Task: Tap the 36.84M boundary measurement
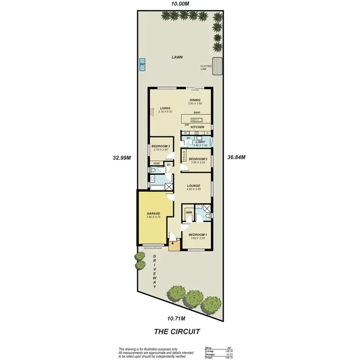click(236, 157)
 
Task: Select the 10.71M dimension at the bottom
click(176, 318)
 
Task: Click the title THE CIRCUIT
click(176, 331)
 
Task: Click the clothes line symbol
click(218, 65)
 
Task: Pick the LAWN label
click(178, 57)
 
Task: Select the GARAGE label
click(153, 214)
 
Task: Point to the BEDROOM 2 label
click(198, 159)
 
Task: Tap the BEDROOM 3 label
click(161, 146)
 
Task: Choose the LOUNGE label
click(192, 185)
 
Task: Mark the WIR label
click(189, 212)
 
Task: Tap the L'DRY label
click(200, 142)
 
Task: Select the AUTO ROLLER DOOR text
click(152, 248)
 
